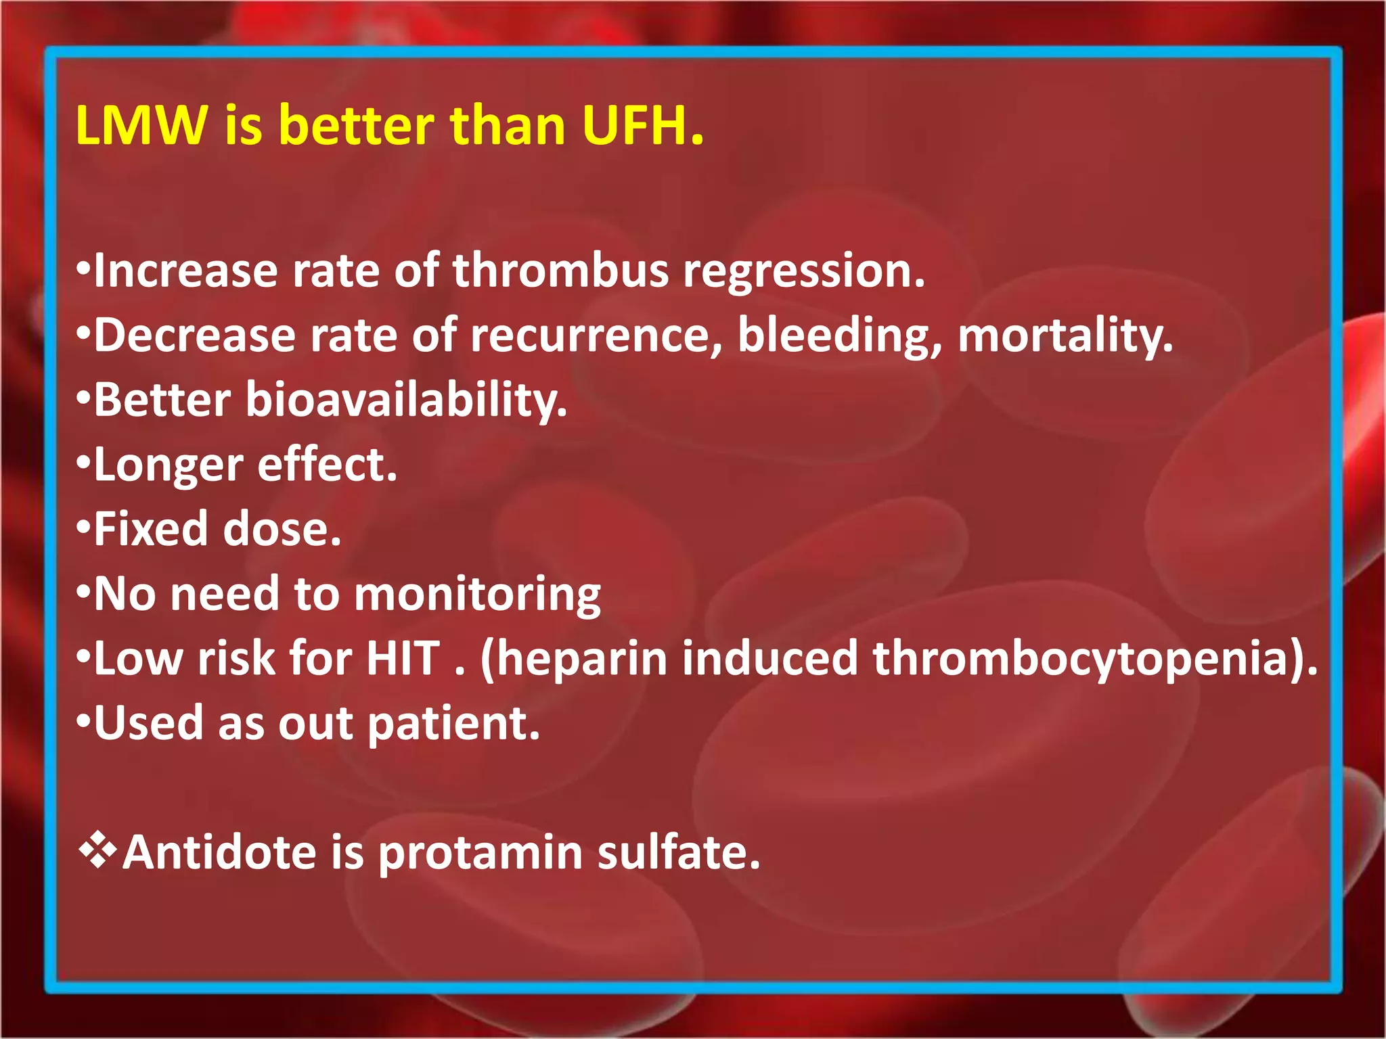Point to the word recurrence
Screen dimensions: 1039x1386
(x=596, y=336)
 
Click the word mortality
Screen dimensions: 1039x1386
(x=1065, y=336)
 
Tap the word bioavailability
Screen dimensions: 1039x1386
(x=406, y=400)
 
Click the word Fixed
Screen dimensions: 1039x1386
(x=151, y=529)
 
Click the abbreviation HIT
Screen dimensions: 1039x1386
(x=403, y=659)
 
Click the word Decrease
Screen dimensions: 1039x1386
(x=195, y=336)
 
